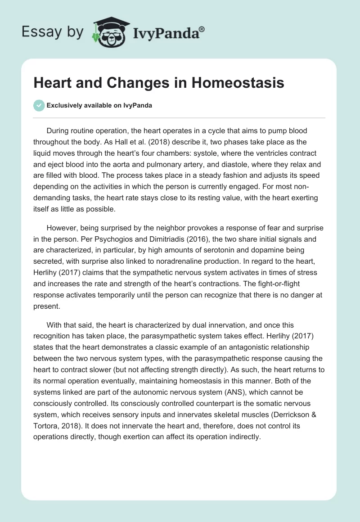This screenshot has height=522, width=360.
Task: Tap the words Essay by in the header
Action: [x=52, y=32]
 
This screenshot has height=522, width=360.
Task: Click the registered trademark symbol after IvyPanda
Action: [x=202, y=29]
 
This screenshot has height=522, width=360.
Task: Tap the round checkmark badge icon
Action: [x=39, y=106]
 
